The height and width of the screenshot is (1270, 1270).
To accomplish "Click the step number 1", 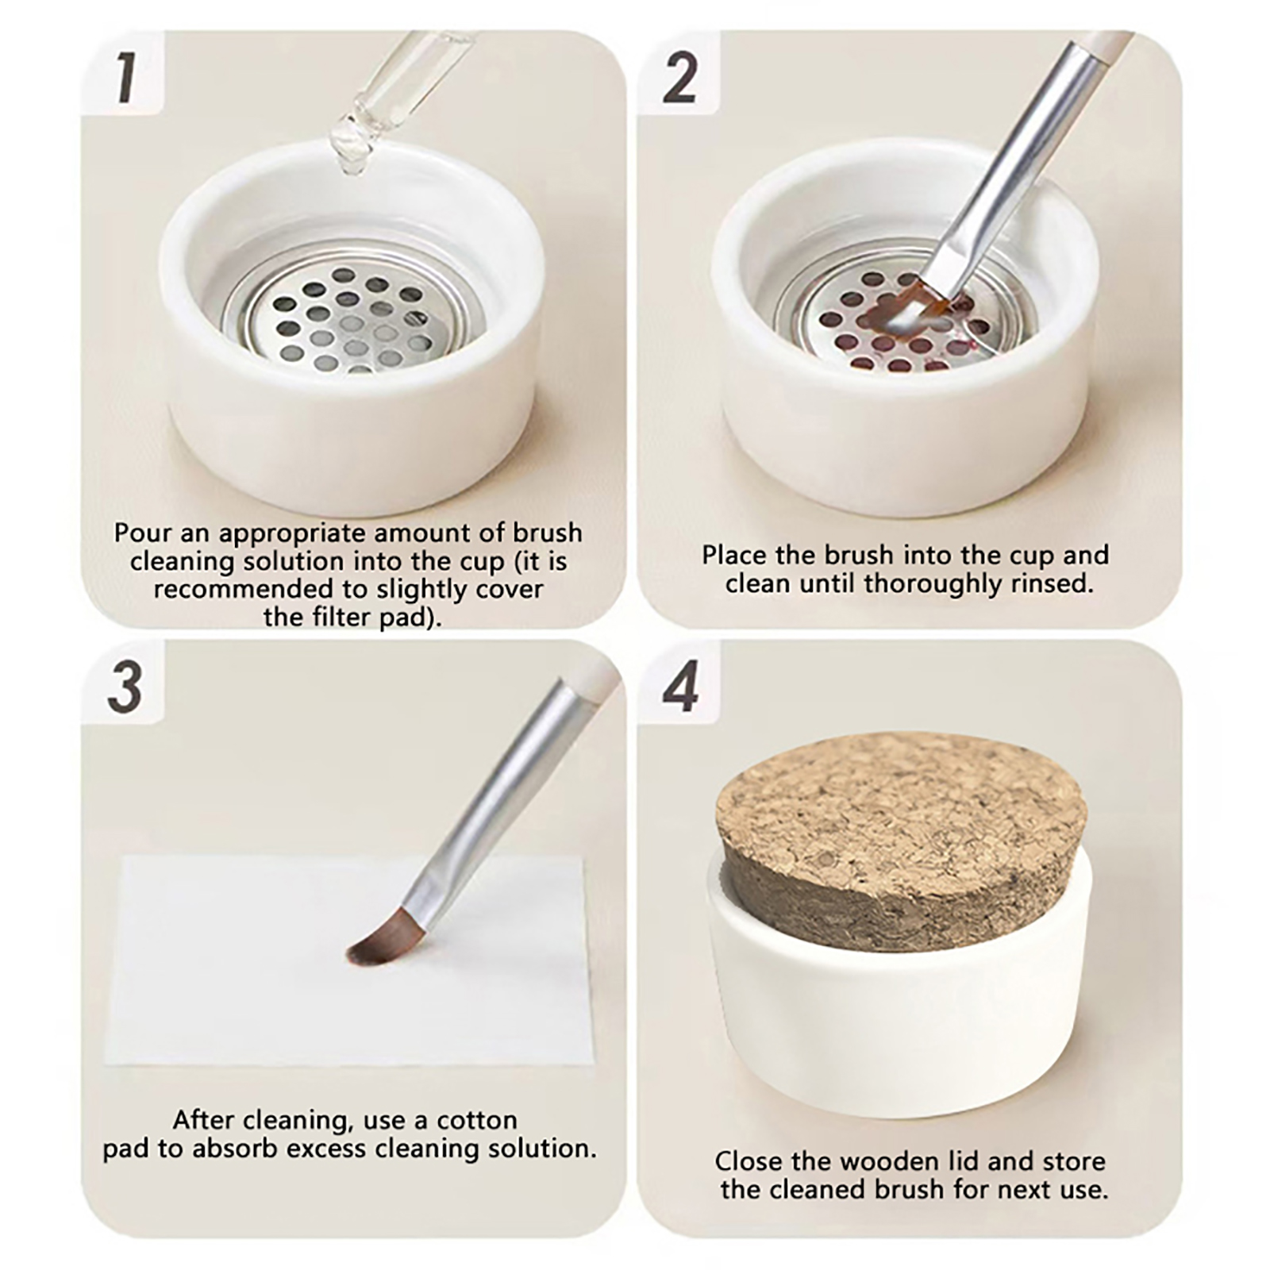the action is click(x=124, y=78).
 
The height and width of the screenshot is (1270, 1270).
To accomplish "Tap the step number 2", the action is click(x=679, y=78).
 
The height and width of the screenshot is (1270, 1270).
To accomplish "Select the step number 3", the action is click(x=124, y=687).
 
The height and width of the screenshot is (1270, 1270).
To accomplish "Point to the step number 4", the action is click(x=680, y=687).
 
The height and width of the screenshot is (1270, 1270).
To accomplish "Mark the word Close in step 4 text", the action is click(x=748, y=1162).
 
